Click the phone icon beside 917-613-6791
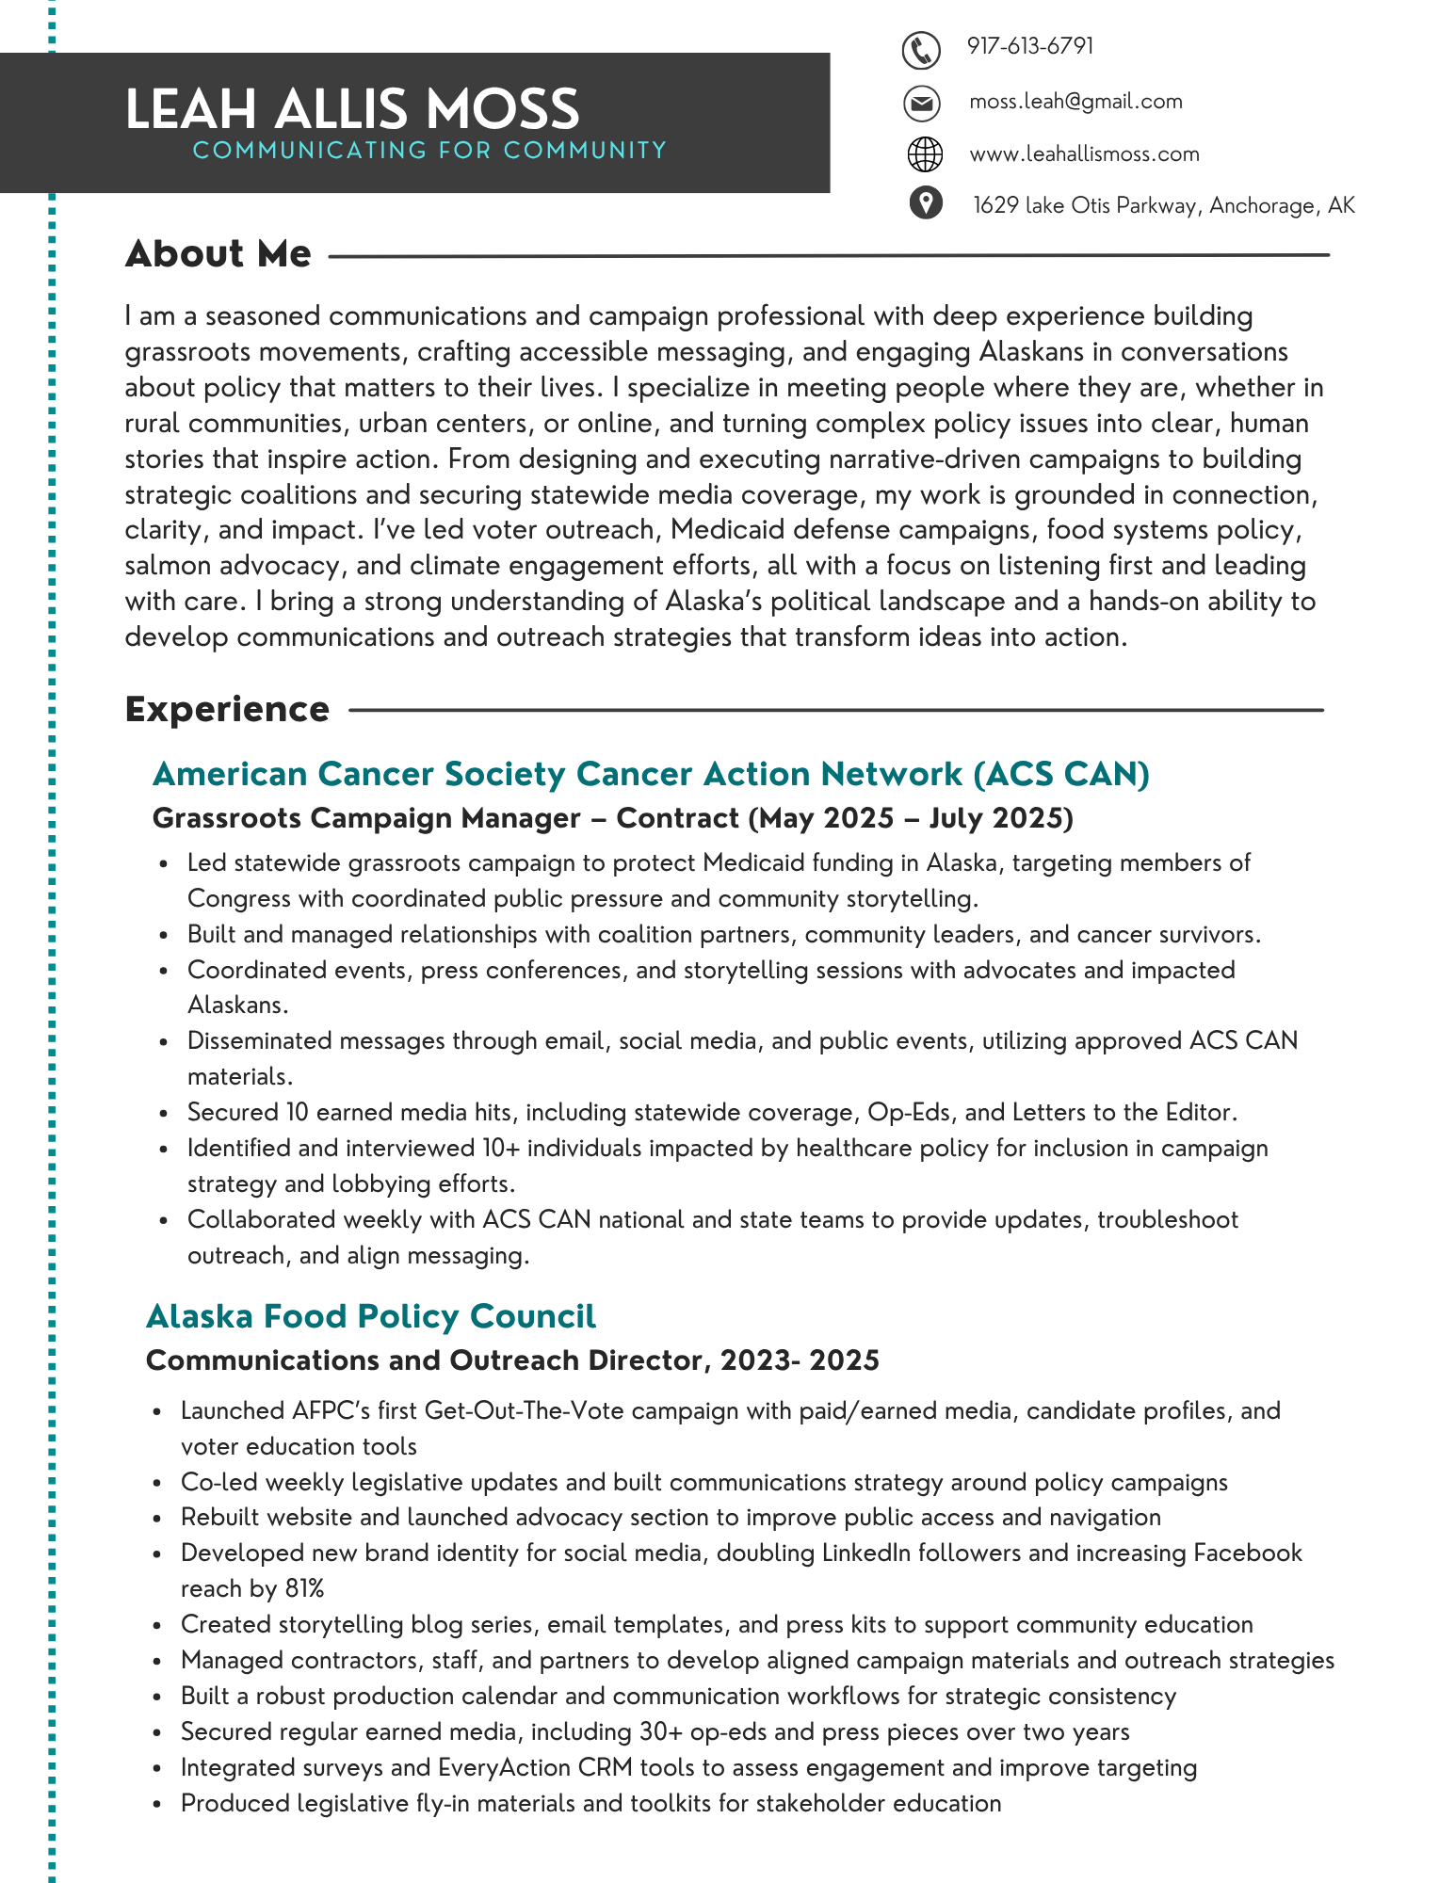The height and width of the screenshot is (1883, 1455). [921, 50]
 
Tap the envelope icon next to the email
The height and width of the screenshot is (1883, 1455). [922, 103]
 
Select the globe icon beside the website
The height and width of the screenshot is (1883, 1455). [924, 154]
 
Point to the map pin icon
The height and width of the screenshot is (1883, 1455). [926, 202]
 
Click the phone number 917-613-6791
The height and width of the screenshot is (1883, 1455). [1029, 46]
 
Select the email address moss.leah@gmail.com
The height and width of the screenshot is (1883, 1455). [1075, 102]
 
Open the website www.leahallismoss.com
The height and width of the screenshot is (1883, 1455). [1084, 154]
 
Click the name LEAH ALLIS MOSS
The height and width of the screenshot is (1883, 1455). [352, 109]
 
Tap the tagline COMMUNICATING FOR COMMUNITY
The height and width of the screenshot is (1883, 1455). [429, 151]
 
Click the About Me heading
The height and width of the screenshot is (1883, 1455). [218, 254]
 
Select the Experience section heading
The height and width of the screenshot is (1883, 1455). [227, 710]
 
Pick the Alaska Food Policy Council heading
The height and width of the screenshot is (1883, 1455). [371, 1316]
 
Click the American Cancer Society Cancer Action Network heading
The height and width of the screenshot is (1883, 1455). [651, 774]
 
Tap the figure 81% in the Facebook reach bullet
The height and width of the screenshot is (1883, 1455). [304, 1589]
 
